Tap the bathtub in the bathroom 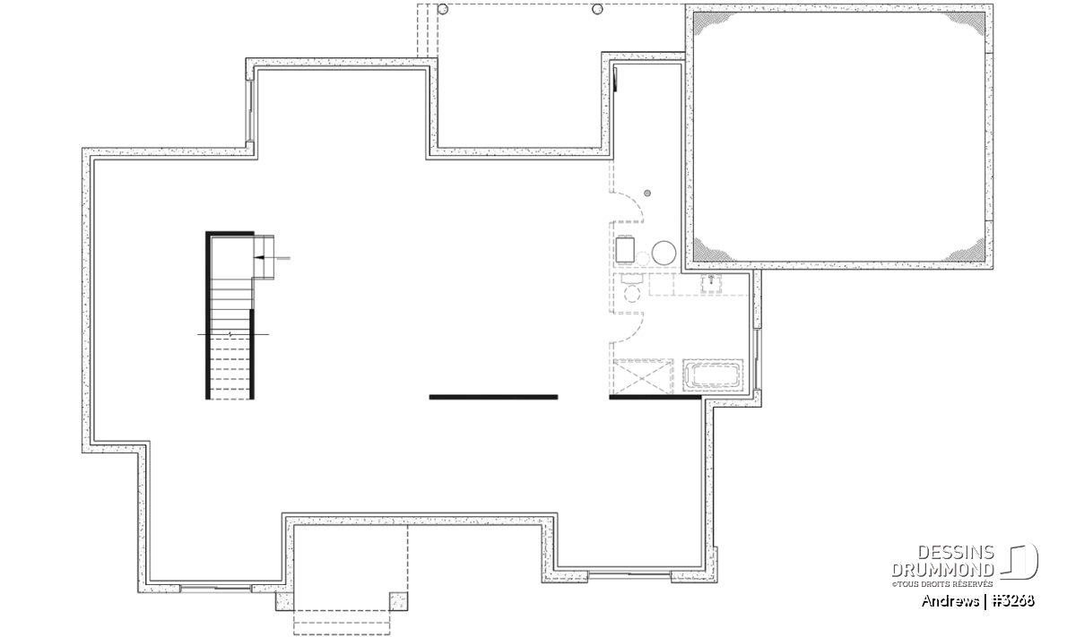click(713, 374)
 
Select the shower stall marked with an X click(642, 377)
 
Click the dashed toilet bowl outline click(631, 293)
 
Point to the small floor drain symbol click(647, 193)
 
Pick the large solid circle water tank click(664, 253)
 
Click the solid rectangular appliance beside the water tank click(625, 250)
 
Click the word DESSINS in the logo click(956, 553)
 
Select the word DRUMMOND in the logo click(943, 570)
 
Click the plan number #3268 click(1012, 601)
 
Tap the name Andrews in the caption click(950, 601)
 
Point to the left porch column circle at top click(443, 9)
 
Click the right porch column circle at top click(597, 9)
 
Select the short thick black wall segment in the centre click(493, 397)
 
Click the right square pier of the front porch click(399, 601)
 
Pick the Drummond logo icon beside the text click(1020, 561)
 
